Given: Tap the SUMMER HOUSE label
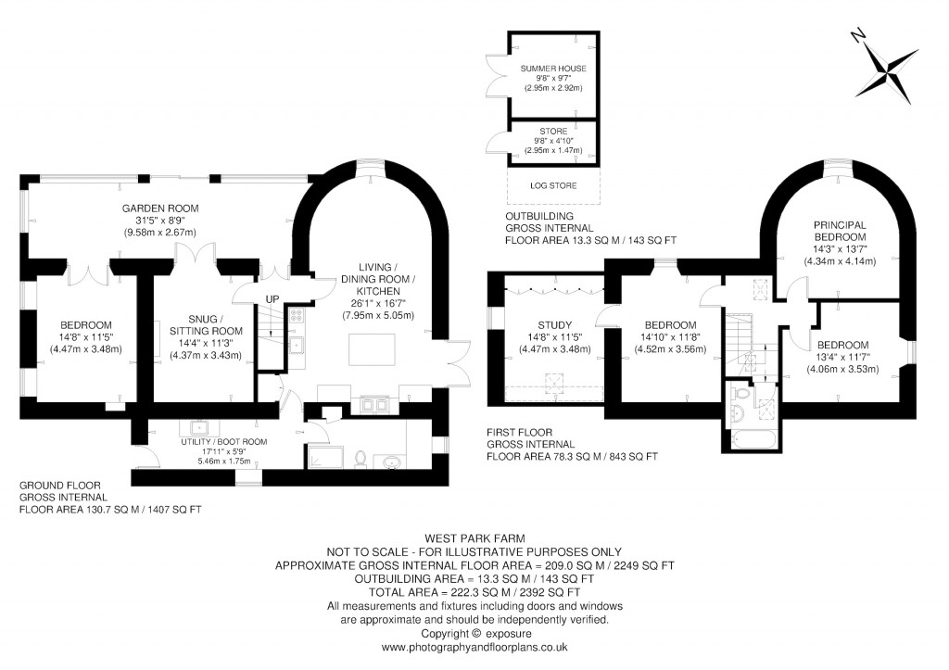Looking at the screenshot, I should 552,70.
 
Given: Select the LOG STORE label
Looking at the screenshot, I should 552,186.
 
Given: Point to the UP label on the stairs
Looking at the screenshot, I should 271,299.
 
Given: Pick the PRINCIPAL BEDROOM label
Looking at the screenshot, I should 840,231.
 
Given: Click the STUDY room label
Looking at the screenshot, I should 554,324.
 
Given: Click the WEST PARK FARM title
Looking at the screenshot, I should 474,537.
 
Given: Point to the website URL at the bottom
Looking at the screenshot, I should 474,648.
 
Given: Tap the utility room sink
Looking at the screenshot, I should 197,427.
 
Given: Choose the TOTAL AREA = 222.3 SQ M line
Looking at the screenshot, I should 474,591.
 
